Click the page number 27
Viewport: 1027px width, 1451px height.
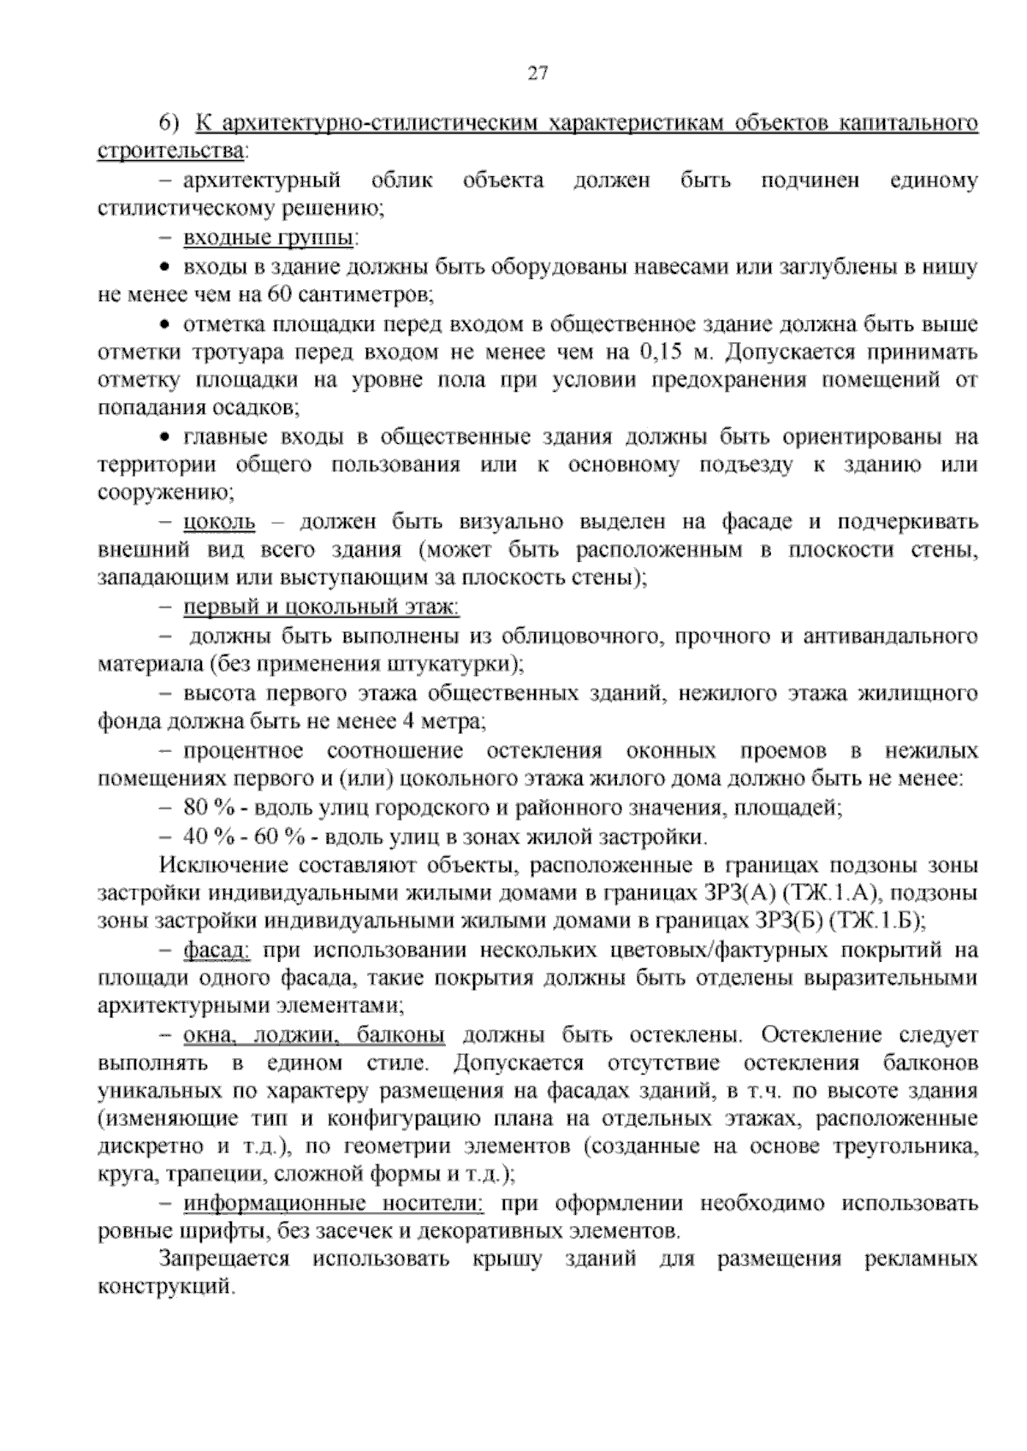click(537, 74)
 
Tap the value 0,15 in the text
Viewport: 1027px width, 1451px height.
click(660, 352)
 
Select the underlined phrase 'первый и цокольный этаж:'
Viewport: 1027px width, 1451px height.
click(321, 607)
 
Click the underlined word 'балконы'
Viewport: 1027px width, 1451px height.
click(401, 1036)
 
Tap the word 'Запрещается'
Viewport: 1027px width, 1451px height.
click(224, 1259)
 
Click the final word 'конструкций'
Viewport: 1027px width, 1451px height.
click(165, 1288)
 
